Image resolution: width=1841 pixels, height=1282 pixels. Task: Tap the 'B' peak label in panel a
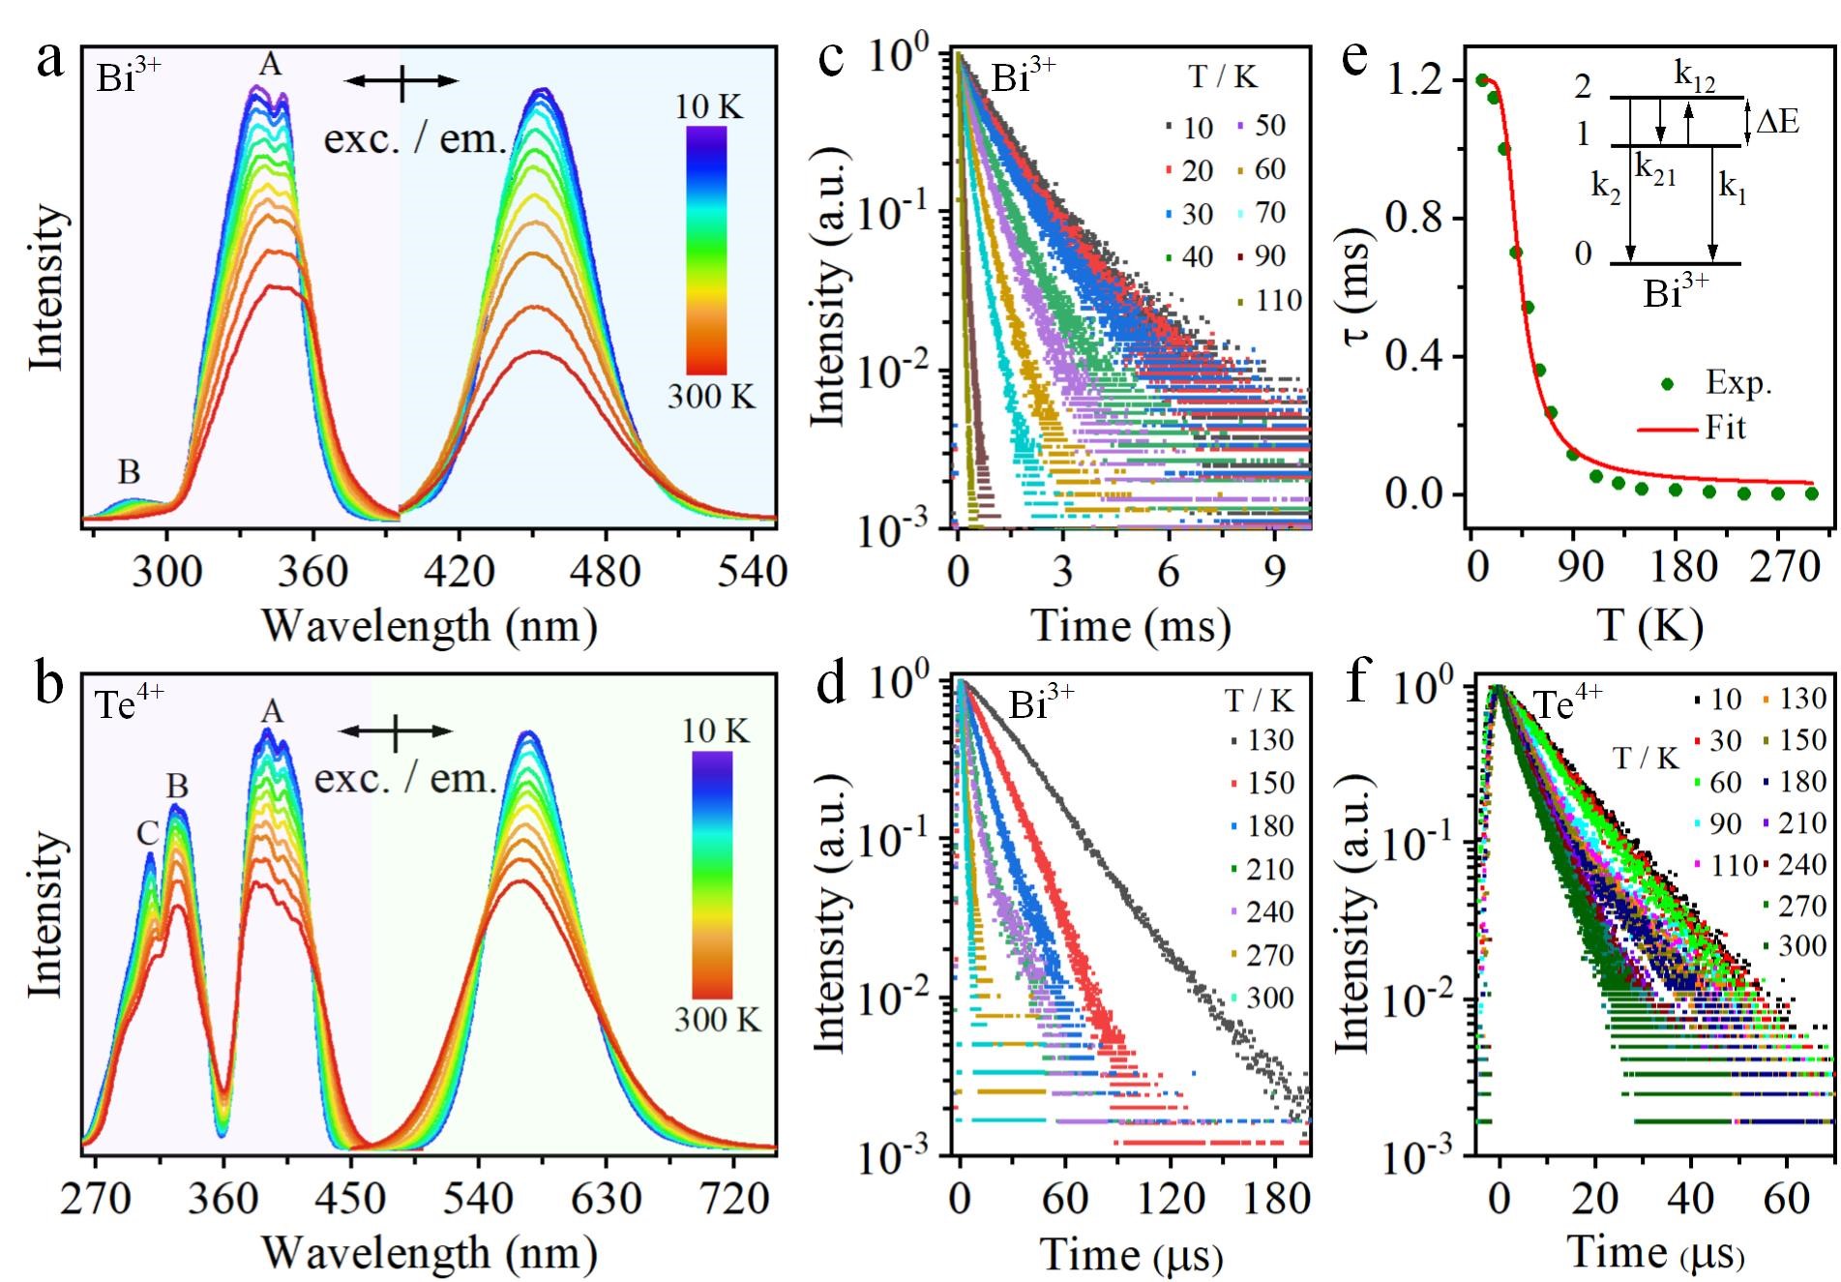tap(129, 472)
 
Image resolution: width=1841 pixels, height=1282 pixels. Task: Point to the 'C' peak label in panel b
tap(147, 834)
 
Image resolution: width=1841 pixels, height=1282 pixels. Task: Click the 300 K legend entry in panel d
tap(1258, 998)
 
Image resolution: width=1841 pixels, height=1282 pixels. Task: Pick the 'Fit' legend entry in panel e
tap(1708, 428)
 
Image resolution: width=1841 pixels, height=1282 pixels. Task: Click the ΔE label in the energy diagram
tap(1777, 121)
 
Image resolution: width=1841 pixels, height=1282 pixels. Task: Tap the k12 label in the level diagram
tap(1694, 77)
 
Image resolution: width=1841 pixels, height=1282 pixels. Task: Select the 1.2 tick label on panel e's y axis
tap(1420, 81)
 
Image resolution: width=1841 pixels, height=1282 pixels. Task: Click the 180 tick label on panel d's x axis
tap(1275, 1199)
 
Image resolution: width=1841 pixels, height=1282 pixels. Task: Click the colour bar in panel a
tap(707, 250)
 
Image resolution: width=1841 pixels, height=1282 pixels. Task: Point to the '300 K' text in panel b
tap(717, 1019)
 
